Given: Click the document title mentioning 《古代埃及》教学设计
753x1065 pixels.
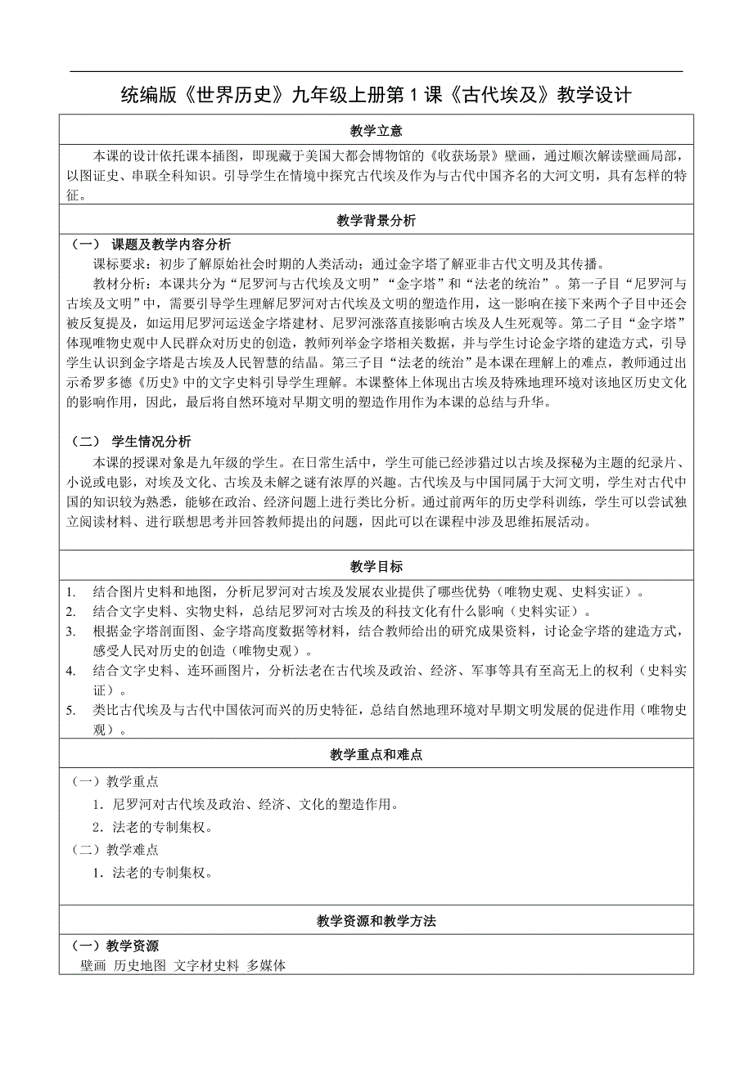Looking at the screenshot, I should pos(376,96).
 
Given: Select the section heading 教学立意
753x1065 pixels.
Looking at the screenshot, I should pos(376,131).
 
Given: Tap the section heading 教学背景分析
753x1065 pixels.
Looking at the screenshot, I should pos(376,220).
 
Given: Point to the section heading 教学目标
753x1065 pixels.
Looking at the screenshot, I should pos(376,566).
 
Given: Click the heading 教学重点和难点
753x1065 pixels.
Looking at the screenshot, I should pos(376,755).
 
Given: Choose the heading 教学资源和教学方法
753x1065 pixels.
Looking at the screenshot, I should pos(376,921).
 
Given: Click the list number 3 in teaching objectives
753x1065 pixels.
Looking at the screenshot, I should pos(71,631).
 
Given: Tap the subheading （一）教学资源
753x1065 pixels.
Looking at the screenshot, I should pos(115,946).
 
